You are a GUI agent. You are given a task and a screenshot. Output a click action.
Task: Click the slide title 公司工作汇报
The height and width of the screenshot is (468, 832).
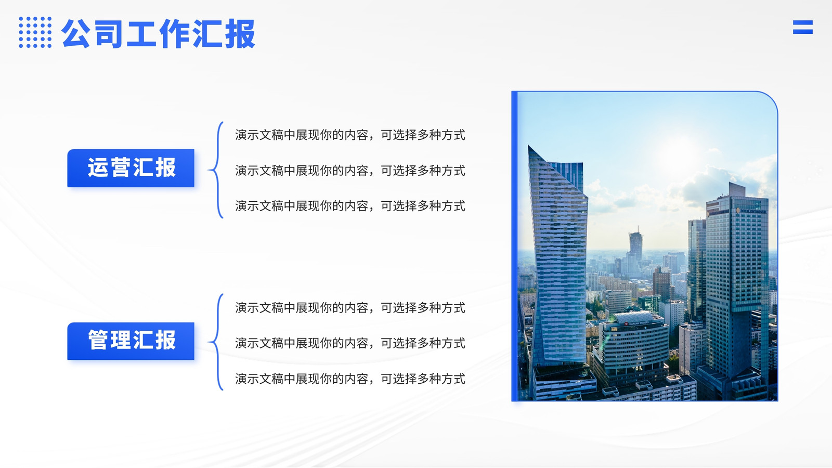click(x=159, y=33)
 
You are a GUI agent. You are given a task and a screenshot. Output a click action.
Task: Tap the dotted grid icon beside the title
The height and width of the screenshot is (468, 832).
click(x=35, y=32)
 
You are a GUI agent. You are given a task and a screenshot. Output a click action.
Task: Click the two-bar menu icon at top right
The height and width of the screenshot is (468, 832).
click(x=803, y=27)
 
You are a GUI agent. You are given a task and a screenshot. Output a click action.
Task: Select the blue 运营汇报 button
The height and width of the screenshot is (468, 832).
click(x=131, y=168)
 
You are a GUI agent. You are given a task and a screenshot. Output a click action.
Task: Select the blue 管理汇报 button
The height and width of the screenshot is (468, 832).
click(x=131, y=341)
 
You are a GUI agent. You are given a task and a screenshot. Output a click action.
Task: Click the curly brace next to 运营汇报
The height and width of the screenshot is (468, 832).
click(x=217, y=170)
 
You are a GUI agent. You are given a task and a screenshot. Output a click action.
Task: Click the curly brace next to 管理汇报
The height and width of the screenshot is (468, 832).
click(x=217, y=342)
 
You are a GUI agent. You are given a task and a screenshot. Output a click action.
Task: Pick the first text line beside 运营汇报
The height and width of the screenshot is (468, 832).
click(x=350, y=135)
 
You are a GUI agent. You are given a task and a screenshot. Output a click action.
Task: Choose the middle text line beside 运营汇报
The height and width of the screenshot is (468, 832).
click(x=350, y=171)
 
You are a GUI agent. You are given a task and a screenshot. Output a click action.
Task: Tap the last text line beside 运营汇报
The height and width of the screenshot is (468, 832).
click(x=350, y=206)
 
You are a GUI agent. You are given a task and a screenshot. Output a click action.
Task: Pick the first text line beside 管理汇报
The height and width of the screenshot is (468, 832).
click(x=350, y=307)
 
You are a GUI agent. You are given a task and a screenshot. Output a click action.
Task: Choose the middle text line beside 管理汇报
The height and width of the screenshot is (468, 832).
click(x=350, y=343)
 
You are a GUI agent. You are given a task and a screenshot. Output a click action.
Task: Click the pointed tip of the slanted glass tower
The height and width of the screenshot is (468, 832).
click(x=529, y=146)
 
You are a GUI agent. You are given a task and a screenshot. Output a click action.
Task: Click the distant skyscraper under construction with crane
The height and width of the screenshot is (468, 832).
click(x=635, y=243)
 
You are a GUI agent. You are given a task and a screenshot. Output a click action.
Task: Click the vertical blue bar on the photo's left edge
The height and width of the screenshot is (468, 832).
click(x=514, y=246)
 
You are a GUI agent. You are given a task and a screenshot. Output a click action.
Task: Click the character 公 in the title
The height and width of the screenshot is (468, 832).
click(x=76, y=33)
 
